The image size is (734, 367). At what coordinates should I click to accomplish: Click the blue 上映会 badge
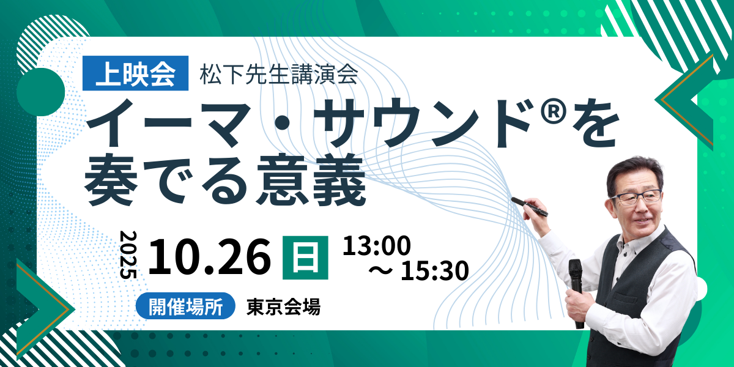[135, 73]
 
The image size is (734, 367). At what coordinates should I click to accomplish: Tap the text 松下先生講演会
[279, 75]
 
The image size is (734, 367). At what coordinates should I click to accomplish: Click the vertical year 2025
[128, 255]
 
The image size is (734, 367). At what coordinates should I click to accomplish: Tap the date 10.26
[210, 256]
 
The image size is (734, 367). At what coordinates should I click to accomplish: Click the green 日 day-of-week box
[305, 258]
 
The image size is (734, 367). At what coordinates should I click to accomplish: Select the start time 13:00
[377, 245]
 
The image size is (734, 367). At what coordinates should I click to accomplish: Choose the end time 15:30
[435, 270]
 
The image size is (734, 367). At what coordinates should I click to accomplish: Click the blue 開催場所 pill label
[185, 306]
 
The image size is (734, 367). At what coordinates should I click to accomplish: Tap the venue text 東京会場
[283, 306]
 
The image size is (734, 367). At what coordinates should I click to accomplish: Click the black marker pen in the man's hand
[530, 207]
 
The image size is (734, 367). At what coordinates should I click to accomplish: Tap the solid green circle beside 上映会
[40, 92]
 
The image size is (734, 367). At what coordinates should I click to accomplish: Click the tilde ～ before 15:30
[380, 270]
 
